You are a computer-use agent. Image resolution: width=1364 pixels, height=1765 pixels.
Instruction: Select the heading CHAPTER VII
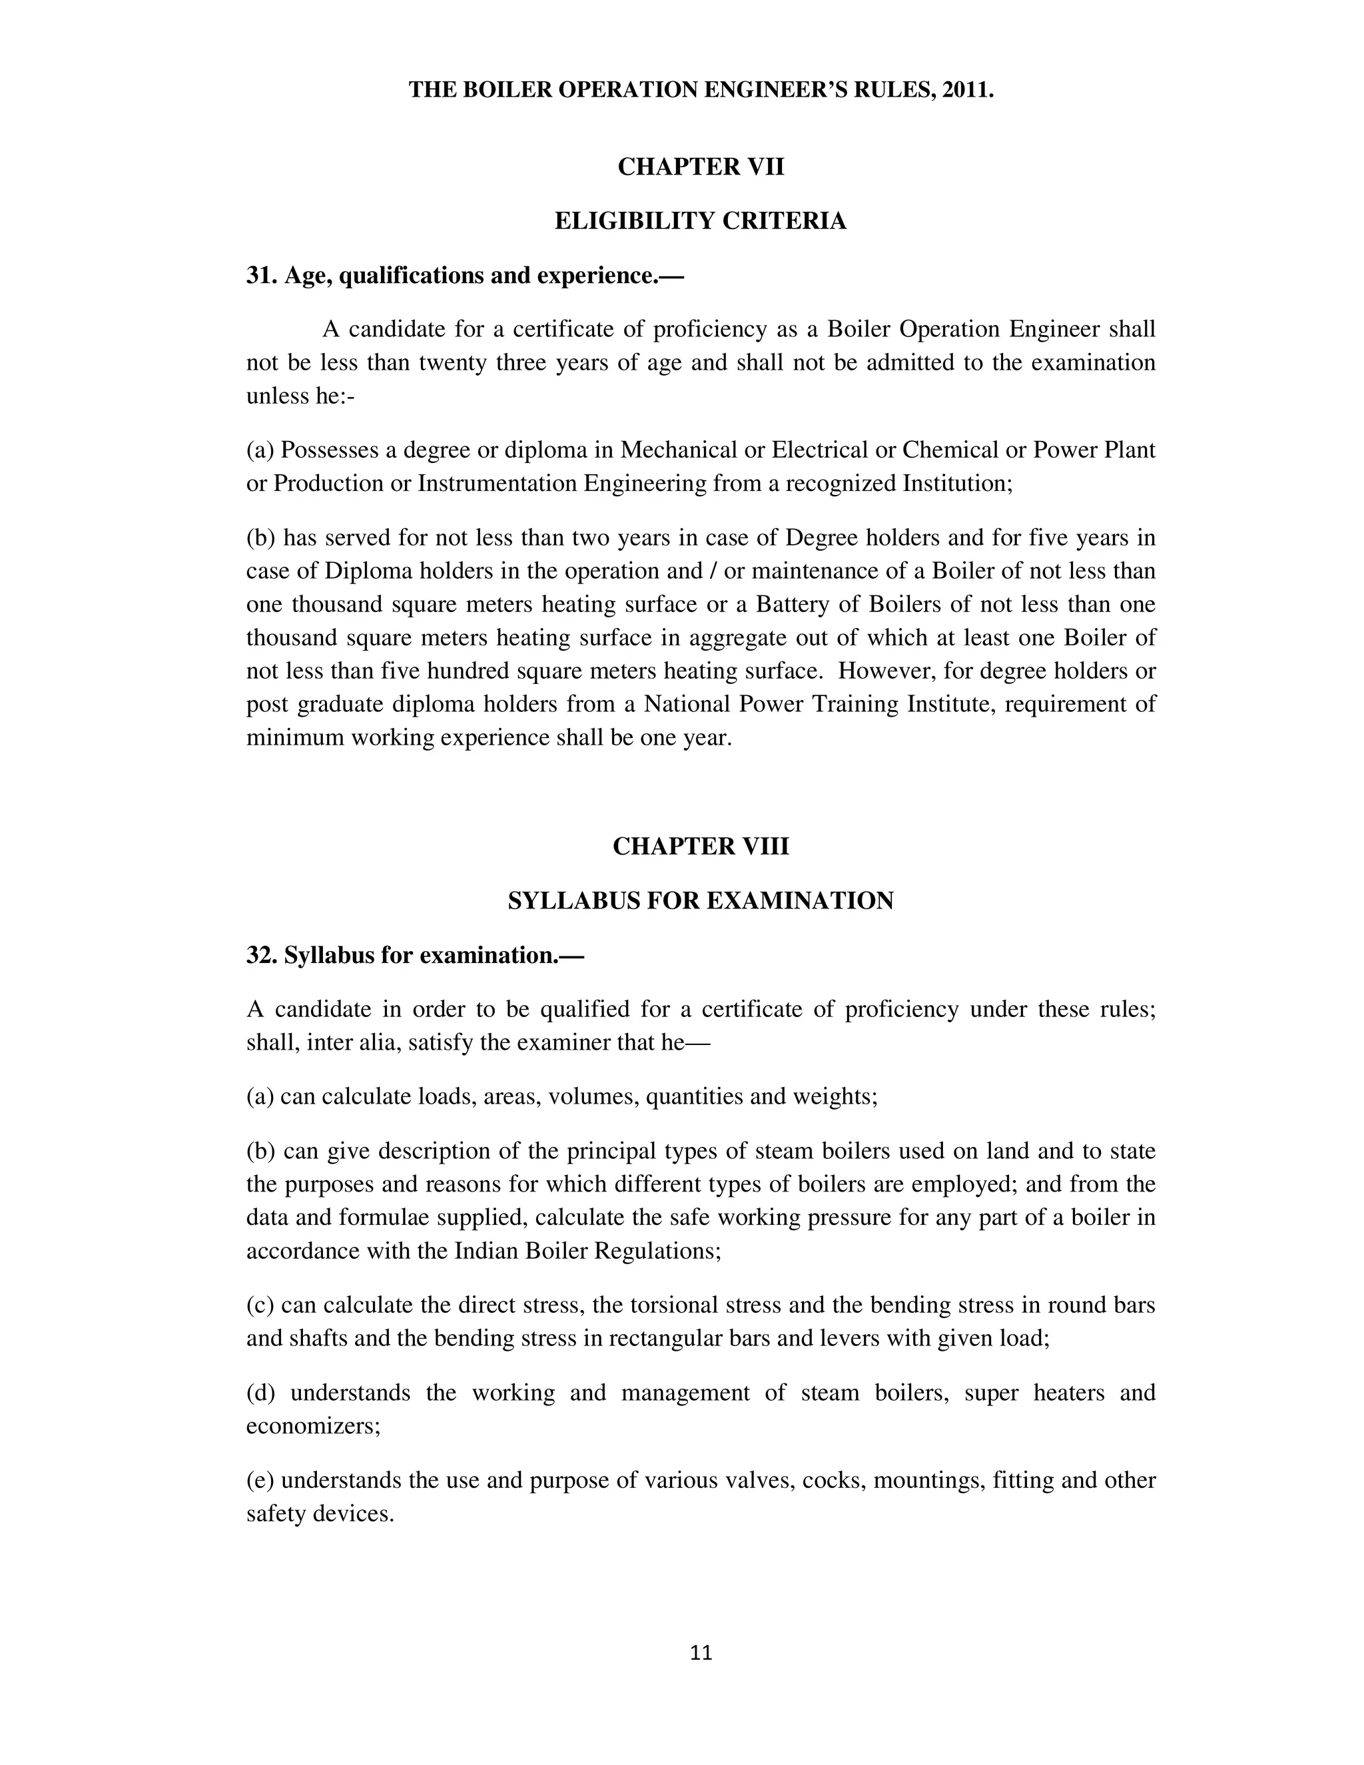[701, 167]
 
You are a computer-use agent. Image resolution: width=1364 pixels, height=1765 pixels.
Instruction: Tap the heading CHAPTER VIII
[701, 846]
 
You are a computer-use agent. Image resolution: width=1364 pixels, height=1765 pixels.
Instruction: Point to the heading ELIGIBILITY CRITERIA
[701, 220]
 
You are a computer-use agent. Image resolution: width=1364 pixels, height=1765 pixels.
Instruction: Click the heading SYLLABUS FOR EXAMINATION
[701, 901]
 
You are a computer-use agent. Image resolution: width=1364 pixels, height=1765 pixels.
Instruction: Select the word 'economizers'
[312, 1427]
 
